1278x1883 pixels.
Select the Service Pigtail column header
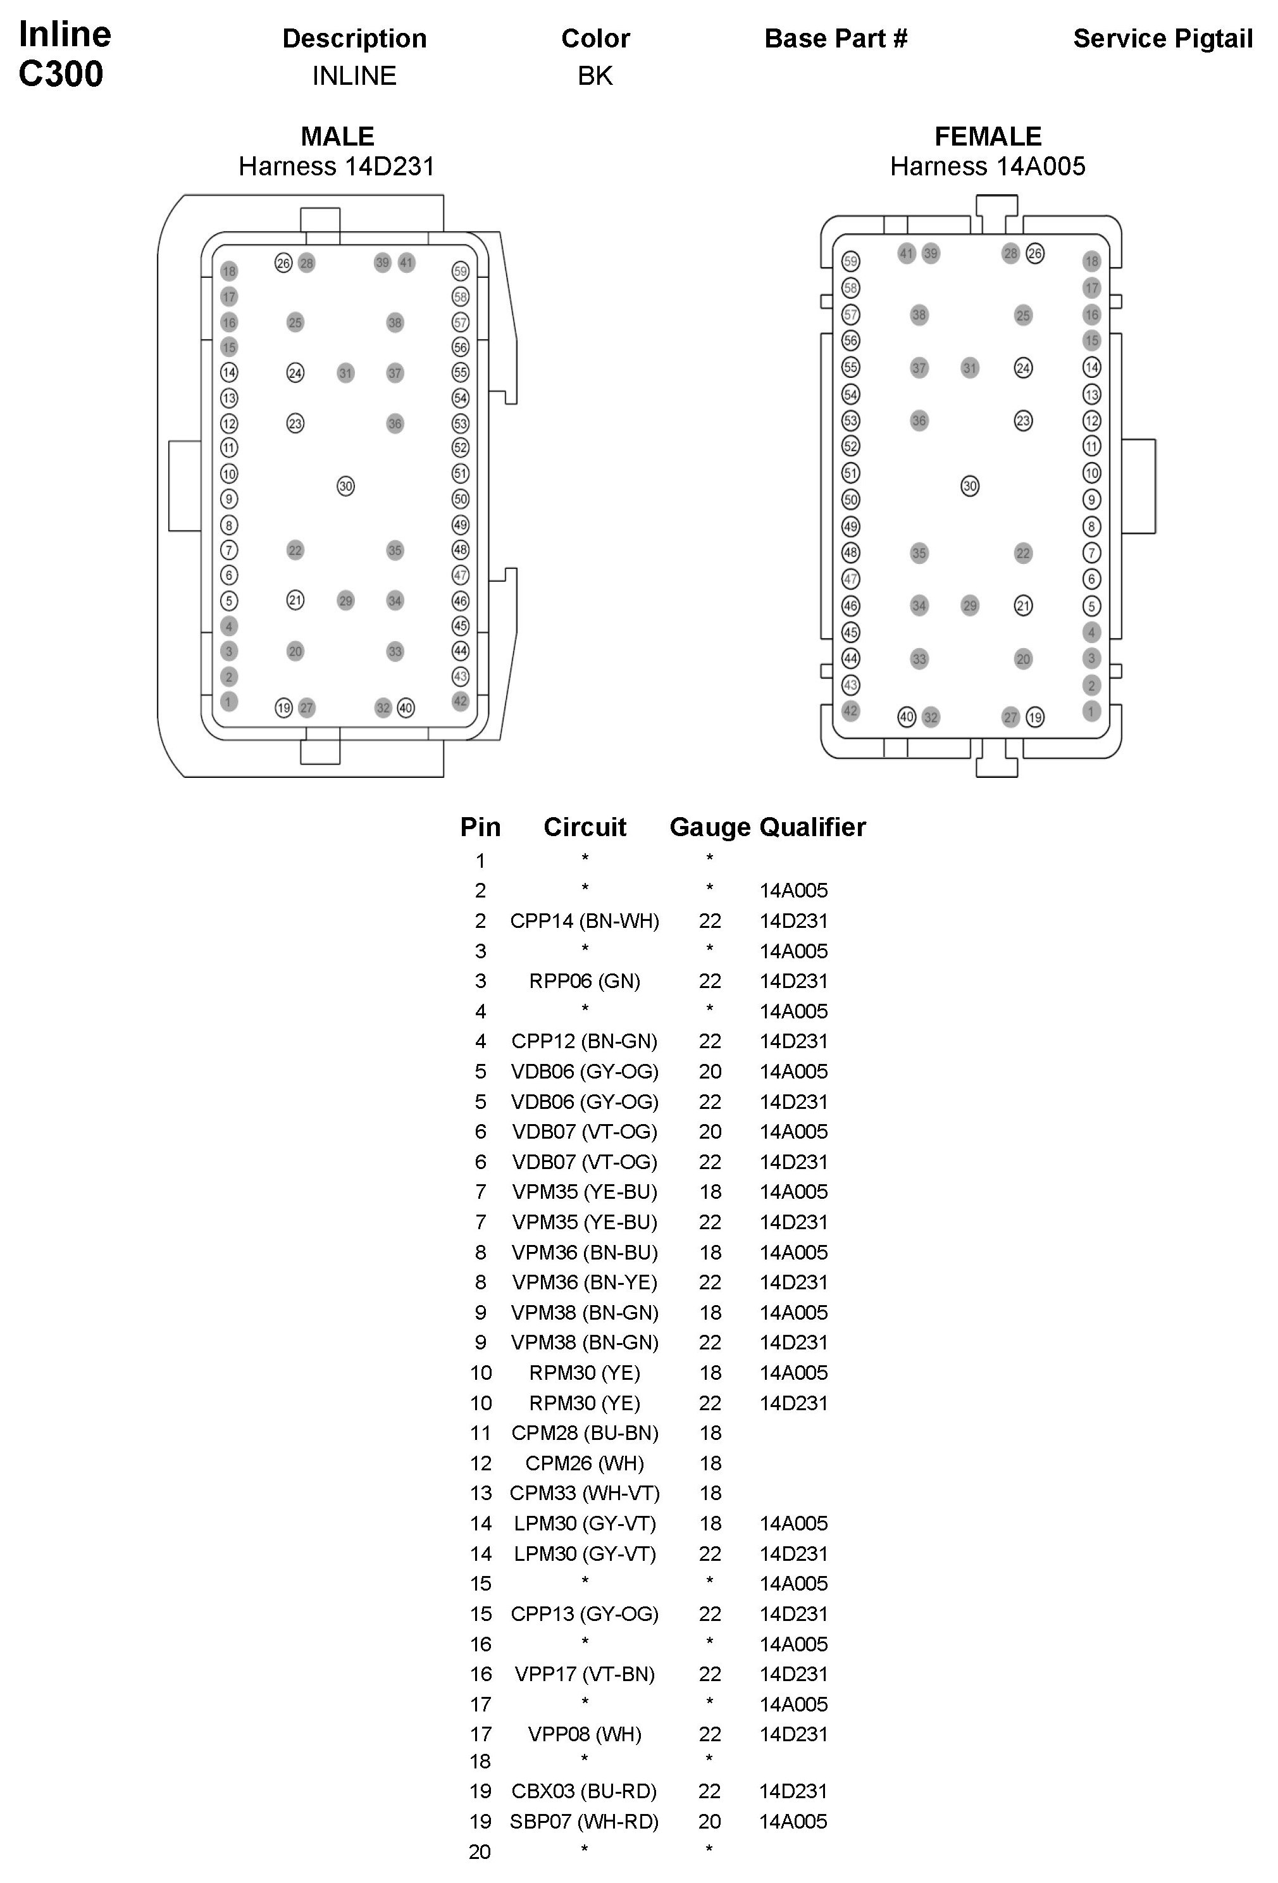point(1162,38)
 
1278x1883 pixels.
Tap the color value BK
point(595,75)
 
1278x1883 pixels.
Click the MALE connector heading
point(337,136)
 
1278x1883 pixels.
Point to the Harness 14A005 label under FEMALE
point(987,166)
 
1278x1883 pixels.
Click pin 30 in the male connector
point(346,486)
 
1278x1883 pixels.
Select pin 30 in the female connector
point(969,486)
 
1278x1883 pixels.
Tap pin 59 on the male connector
point(461,272)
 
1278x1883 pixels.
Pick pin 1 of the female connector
point(1091,711)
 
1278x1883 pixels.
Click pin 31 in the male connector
point(346,373)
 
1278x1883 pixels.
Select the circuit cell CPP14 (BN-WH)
point(585,920)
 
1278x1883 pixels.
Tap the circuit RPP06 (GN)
point(585,981)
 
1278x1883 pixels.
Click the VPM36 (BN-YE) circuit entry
point(585,1282)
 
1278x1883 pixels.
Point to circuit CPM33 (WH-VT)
point(585,1493)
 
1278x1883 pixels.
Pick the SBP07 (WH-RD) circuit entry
point(585,1822)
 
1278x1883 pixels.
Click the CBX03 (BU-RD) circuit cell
point(585,1791)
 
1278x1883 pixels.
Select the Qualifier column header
point(812,827)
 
